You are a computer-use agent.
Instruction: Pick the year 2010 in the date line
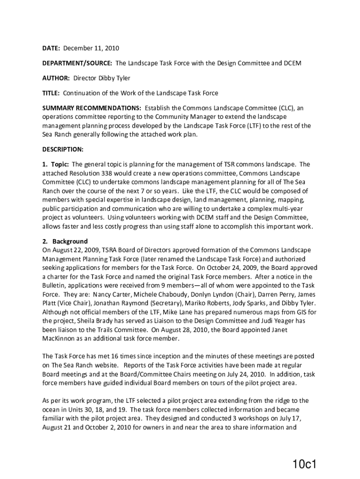click(x=112, y=48)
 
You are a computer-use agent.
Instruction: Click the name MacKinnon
click(x=59, y=339)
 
